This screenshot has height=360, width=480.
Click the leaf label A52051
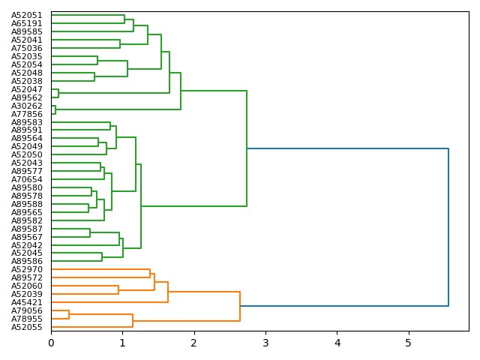[27, 15]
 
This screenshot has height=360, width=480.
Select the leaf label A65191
[27, 23]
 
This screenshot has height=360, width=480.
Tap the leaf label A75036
[27, 48]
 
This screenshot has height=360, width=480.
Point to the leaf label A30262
[27, 106]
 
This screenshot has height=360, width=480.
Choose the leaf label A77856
[27, 114]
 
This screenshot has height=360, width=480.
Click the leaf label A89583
[27, 122]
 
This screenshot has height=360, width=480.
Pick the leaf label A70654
[27, 179]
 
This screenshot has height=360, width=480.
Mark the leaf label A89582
[27, 220]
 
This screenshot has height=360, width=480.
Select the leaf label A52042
[27, 245]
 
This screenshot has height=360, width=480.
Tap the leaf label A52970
[27, 269]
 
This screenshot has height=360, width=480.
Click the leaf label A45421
[27, 302]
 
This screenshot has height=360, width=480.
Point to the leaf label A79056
[27, 310]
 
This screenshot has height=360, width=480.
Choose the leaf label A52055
[27, 327]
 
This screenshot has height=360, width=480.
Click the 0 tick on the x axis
[51, 343]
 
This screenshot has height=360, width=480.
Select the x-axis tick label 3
[265, 343]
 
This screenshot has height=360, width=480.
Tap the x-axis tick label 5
[409, 343]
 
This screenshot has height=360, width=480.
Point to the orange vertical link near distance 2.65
[240, 306]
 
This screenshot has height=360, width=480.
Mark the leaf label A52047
[27, 89]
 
